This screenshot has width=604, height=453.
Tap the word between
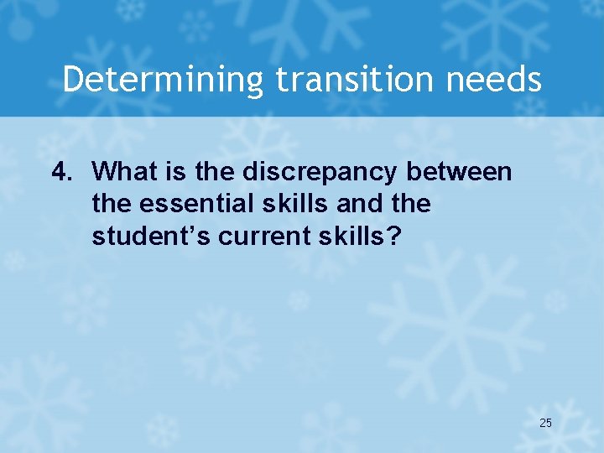[x=466, y=172]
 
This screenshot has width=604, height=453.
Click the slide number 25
[x=545, y=424]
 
